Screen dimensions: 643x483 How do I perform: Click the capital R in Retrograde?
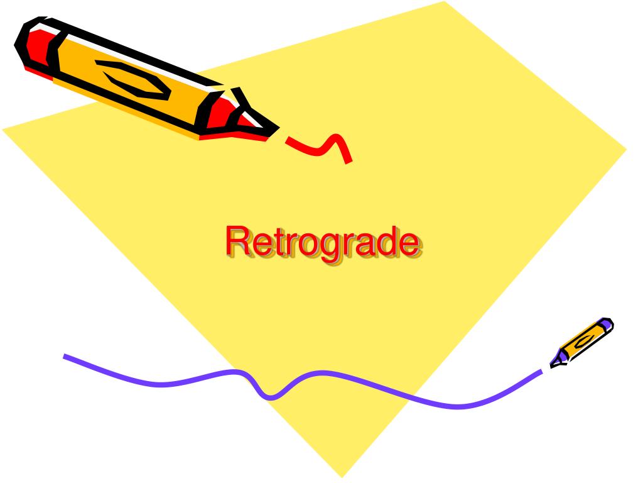click(x=238, y=241)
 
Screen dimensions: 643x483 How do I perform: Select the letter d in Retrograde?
click(x=384, y=241)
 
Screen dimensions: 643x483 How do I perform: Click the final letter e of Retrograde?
click(x=408, y=245)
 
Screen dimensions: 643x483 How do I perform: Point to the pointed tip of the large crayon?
click(x=279, y=128)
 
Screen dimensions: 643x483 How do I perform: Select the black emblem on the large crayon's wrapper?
click(x=133, y=80)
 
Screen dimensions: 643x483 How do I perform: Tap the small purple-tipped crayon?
click(x=581, y=343)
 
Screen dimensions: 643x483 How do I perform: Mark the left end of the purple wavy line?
click(x=65, y=356)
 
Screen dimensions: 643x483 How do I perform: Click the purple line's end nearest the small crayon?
click(x=541, y=371)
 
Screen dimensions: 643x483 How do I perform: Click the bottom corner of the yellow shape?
click(x=342, y=477)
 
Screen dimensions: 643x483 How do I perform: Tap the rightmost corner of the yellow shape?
click(x=626, y=150)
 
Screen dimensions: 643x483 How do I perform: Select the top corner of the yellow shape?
click(x=445, y=2)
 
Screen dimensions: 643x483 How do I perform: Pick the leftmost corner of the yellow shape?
click(x=3, y=130)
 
